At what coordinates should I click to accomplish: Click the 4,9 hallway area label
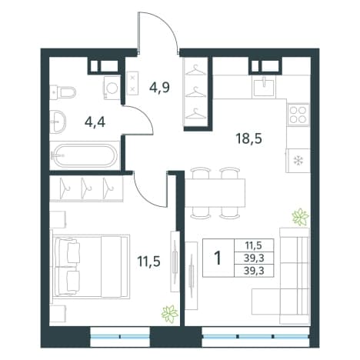pyautogui.click(x=159, y=87)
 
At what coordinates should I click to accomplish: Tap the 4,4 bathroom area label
pyautogui.click(x=95, y=122)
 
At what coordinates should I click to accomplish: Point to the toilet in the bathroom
pyautogui.click(x=63, y=92)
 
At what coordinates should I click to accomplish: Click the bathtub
pyautogui.click(x=85, y=155)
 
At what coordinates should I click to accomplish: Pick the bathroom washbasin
pyautogui.click(x=58, y=122)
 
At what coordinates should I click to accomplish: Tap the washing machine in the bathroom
pyautogui.click(x=112, y=88)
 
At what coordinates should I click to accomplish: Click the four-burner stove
pyautogui.click(x=298, y=115)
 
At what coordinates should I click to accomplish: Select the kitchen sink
pyautogui.click(x=264, y=88)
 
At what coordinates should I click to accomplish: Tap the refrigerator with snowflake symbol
pyautogui.click(x=298, y=161)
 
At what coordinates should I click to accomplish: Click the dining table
pyautogui.click(x=215, y=193)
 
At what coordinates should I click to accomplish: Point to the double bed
pyautogui.click(x=90, y=266)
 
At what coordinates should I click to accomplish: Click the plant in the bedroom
pyautogui.click(x=170, y=314)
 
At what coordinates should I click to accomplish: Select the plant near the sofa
pyautogui.click(x=300, y=217)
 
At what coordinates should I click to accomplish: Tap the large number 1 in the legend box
pyautogui.click(x=218, y=258)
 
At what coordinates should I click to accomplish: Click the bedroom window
pyautogui.click(x=120, y=336)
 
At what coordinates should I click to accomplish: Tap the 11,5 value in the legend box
pyautogui.click(x=254, y=245)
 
